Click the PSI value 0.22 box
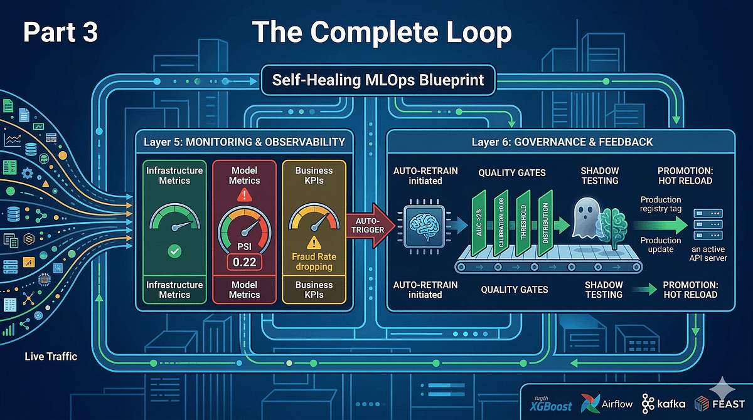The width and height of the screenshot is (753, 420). click(243, 261)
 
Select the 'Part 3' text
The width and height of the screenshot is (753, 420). click(60, 33)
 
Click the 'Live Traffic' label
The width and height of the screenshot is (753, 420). click(51, 356)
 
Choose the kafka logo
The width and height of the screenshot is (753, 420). click(663, 403)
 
